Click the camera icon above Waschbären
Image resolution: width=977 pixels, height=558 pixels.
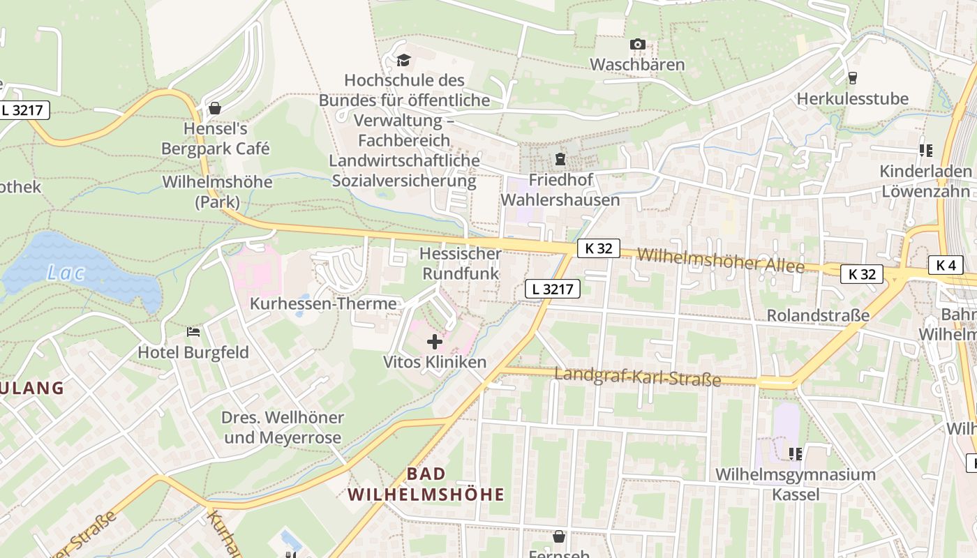pos(637,45)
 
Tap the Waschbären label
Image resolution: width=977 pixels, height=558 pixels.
pos(637,65)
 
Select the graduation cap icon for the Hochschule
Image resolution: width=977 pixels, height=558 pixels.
pos(403,61)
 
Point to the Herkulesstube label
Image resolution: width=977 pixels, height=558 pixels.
pos(853,98)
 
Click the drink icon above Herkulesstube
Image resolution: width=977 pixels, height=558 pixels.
pos(852,77)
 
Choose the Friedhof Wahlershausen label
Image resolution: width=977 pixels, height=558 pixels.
pos(560,190)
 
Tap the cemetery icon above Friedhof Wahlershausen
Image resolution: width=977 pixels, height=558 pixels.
pos(560,159)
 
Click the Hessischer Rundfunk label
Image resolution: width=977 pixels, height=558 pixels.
pos(460,264)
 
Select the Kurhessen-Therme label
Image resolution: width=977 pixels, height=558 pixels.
pos(323,304)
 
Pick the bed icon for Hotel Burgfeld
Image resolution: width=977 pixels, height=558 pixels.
pos(194,331)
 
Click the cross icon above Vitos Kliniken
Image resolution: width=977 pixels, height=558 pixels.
pos(435,342)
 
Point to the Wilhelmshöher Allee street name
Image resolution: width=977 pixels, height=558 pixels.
pos(720,261)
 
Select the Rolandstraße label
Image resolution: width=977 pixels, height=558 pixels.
pos(818,315)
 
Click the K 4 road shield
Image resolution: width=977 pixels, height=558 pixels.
pos(946,265)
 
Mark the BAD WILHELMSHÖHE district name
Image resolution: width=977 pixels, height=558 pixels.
pos(426,484)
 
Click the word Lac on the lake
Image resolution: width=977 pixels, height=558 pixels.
pos(66,273)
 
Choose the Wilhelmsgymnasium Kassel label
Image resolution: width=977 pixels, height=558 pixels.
pos(796,484)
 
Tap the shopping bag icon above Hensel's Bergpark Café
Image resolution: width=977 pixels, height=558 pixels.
pos(215,108)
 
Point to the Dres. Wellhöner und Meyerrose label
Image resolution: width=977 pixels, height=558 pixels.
pos(283,428)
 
